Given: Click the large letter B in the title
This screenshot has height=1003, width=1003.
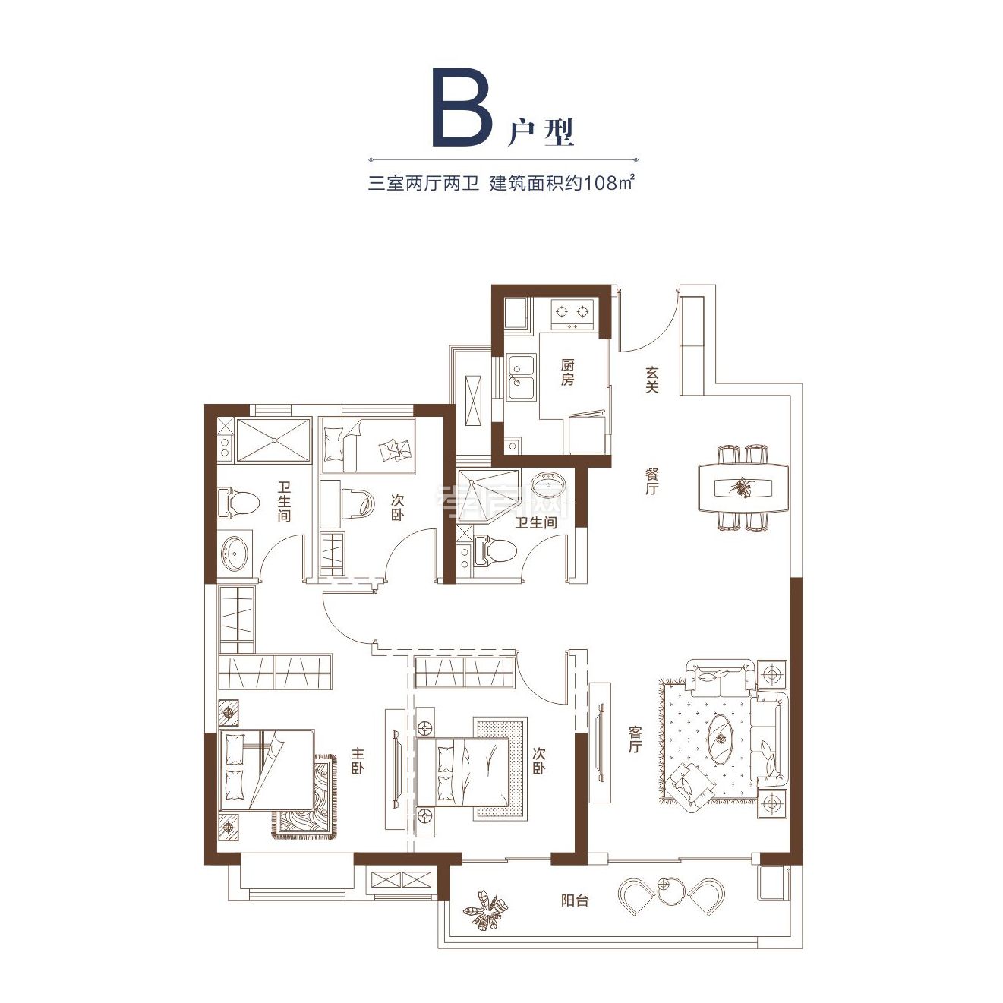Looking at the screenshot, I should [x=462, y=108].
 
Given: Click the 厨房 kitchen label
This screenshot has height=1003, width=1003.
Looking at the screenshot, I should [x=567, y=373].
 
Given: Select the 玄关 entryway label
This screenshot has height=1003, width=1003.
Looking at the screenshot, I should [x=651, y=380].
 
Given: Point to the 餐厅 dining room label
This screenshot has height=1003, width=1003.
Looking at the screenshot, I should [x=651, y=481].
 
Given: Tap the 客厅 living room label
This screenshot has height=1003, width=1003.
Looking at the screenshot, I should [x=635, y=740].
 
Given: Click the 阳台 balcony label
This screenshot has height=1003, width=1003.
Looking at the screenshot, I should [x=575, y=900].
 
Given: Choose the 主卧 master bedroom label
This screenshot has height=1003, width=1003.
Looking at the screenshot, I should [x=357, y=761].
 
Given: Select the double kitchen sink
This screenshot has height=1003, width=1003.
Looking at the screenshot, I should [x=522, y=378].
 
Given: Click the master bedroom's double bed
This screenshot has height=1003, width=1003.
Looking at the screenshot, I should [x=266, y=769].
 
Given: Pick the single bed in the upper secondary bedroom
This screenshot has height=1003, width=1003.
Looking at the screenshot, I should [x=367, y=444].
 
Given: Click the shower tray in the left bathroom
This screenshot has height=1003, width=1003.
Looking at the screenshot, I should [x=273, y=440].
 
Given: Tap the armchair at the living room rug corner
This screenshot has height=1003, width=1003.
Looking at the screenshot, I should [x=692, y=787].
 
